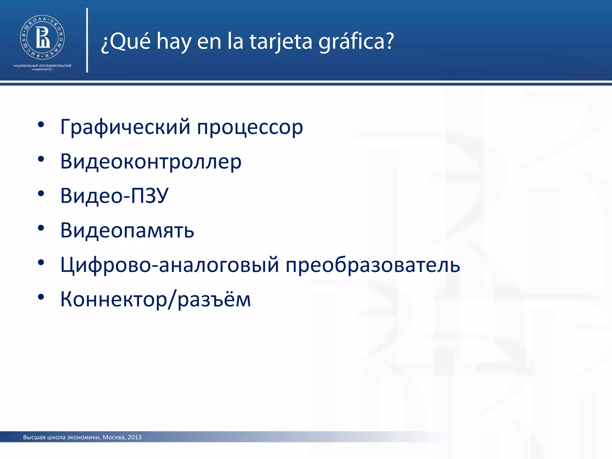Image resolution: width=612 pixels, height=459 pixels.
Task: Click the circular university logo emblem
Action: (42, 37)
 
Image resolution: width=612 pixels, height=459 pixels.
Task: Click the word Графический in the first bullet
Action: (125, 127)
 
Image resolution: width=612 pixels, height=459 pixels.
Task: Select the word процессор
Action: (250, 127)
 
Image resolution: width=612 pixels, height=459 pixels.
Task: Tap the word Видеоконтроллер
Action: (151, 161)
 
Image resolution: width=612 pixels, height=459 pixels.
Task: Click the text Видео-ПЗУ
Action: (114, 196)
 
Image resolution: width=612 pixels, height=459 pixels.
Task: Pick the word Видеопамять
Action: (127, 230)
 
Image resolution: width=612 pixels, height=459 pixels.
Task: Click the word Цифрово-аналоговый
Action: (169, 265)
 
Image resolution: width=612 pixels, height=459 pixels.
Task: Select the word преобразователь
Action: (373, 265)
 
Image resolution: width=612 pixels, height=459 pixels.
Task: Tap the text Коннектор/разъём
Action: (155, 299)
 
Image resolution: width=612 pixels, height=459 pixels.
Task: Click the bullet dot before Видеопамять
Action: (41, 228)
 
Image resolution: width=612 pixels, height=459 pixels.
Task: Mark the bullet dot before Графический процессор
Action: (41, 125)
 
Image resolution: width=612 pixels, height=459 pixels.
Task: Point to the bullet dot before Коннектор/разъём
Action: (41, 297)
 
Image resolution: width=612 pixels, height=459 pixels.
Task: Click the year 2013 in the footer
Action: (134, 437)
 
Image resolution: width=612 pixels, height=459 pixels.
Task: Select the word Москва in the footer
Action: (113, 437)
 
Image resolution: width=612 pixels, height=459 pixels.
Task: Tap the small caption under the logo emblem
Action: (42, 67)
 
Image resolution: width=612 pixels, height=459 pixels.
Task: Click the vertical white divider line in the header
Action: (87, 40)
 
